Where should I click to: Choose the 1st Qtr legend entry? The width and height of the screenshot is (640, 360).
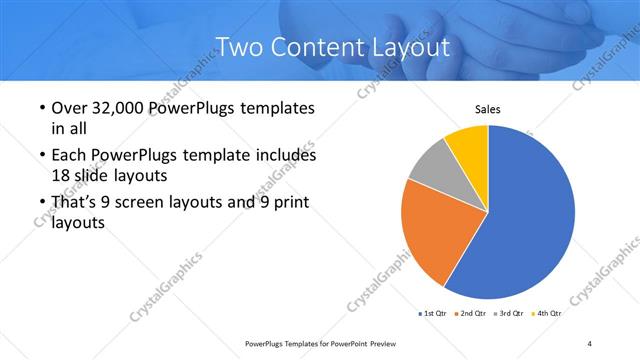(433, 313)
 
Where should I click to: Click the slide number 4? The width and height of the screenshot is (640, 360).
(590, 343)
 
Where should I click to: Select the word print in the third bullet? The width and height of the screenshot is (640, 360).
(289, 203)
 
